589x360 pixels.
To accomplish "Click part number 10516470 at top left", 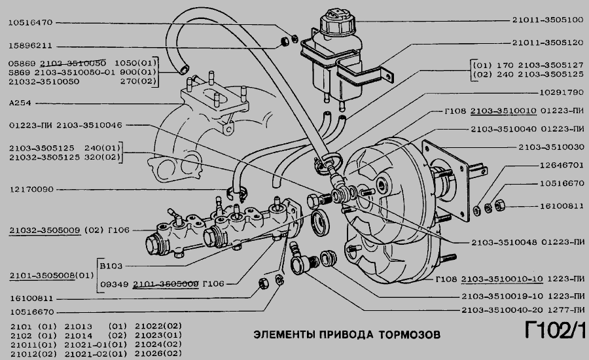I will pyautogui.click(x=31, y=22).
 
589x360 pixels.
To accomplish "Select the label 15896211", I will pyautogui.click(x=31, y=46).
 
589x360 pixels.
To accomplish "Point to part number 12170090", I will pyautogui.click(x=31, y=190).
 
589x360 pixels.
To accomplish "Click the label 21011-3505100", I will pyautogui.click(x=547, y=20).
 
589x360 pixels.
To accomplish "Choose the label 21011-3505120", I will pyautogui.click(x=547, y=43).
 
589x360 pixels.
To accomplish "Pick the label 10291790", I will pyautogui.click(x=557, y=93).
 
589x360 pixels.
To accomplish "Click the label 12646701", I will pyautogui.click(x=557, y=166).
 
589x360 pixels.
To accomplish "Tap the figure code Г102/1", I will pyautogui.click(x=553, y=332).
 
